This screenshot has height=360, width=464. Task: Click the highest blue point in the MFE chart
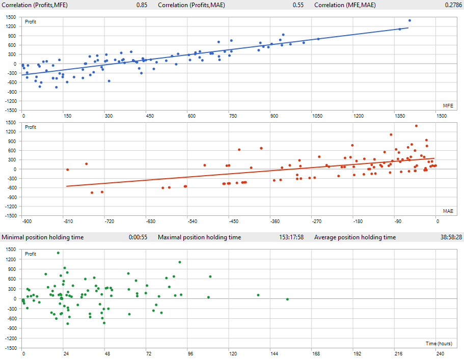[x=410, y=20]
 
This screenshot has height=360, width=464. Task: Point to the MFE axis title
[x=448, y=105]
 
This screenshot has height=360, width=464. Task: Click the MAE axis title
[x=448, y=211]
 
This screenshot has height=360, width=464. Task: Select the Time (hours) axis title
[x=439, y=343]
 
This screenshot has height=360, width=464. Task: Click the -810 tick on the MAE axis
[x=67, y=221]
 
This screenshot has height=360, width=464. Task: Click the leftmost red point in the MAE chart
[x=67, y=170]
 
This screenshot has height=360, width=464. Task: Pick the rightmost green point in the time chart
[x=287, y=299]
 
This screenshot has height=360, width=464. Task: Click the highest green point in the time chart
[x=58, y=253]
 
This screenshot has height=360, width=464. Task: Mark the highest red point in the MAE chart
[x=416, y=126]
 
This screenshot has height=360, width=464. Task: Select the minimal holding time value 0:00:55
[x=138, y=237]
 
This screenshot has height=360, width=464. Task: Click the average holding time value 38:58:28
[x=448, y=237]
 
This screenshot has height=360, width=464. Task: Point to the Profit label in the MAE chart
[x=31, y=127]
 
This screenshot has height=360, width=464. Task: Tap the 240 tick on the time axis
[x=440, y=353]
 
